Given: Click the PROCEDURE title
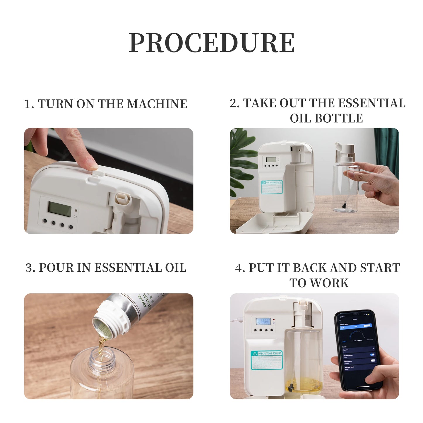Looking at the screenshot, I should click(212, 43).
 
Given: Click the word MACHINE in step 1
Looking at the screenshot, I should click(157, 104).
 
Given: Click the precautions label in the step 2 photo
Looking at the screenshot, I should click(272, 187).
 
